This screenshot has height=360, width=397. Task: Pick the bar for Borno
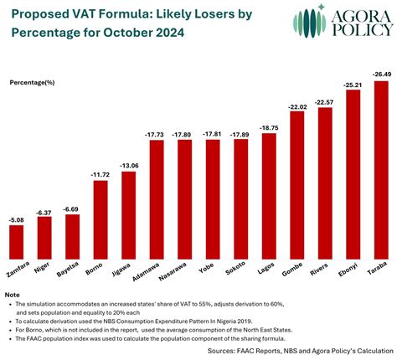pyautogui.click(x=100, y=219)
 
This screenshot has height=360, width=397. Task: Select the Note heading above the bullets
pyautogui.click(x=12, y=296)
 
